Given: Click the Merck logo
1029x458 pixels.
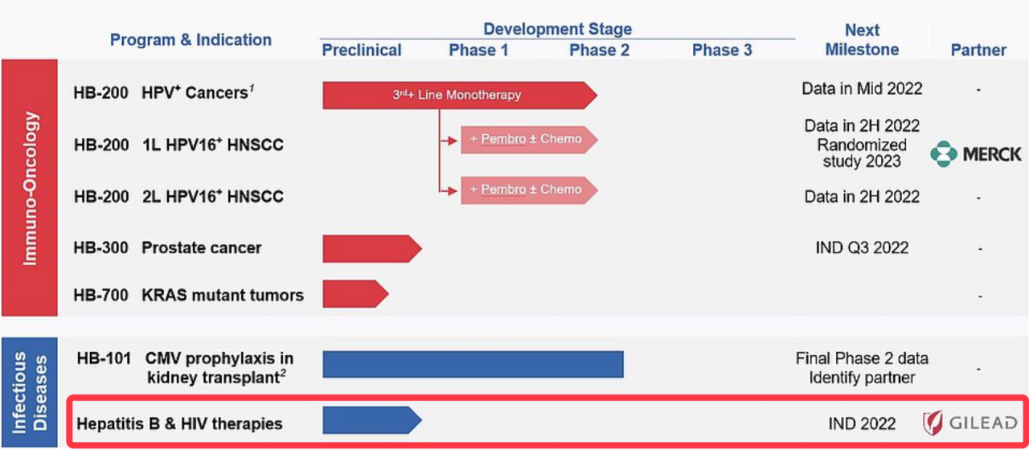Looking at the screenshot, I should point(975,153).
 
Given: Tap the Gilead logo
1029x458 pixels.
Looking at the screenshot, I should point(970,423).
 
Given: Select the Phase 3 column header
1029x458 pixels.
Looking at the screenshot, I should point(722,51).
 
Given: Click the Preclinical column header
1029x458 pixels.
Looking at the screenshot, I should point(362,51).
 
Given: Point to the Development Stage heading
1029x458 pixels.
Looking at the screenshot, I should point(557,30).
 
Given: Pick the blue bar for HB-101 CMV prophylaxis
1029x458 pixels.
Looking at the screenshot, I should point(473,364).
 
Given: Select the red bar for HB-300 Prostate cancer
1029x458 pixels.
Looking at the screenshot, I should point(371,249).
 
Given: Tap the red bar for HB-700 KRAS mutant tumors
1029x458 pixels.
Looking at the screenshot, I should point(355,294).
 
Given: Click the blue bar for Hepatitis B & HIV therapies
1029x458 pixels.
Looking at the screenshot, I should point(371,420).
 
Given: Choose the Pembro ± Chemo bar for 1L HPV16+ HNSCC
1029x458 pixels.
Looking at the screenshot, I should point(528,139).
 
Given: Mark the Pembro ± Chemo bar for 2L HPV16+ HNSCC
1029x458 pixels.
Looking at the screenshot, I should point(528,190).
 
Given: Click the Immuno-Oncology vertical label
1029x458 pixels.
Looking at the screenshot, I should point(30,188).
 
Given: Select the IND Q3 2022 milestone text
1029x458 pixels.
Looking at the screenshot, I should point(862,247).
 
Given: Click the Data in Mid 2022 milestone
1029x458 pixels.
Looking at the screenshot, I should point(862,89).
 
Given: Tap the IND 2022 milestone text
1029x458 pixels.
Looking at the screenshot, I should point(862,423).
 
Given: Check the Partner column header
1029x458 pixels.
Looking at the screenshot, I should point(978,50).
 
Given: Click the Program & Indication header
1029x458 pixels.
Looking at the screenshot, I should point(191,39).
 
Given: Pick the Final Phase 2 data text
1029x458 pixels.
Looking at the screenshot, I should point(862,358).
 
